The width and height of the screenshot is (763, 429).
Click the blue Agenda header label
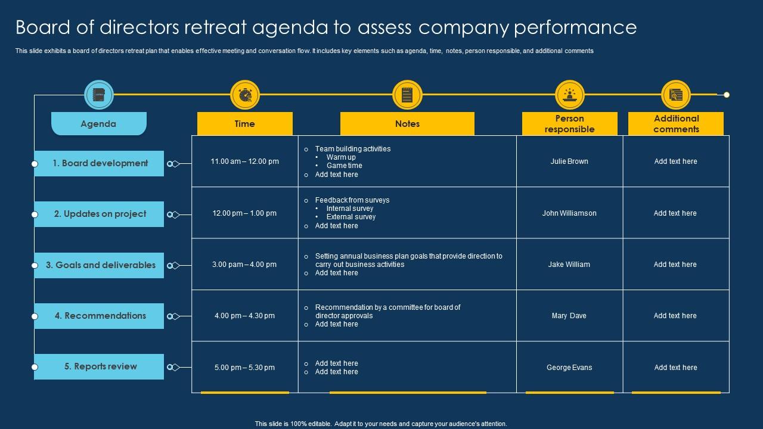98,124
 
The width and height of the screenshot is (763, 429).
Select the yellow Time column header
244,124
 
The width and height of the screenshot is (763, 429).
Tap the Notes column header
407,124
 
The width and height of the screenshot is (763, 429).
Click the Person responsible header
569,124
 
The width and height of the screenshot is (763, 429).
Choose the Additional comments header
676,124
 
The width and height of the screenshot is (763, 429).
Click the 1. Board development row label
100,163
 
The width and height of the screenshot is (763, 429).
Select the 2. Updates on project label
100,214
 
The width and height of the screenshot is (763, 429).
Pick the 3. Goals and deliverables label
100,265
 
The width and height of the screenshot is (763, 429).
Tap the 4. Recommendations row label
100,316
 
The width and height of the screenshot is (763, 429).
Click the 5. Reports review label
100,366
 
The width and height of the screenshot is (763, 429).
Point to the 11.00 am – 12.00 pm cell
244,161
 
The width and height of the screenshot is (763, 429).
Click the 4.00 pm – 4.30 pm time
244,316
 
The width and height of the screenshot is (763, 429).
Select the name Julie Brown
569,161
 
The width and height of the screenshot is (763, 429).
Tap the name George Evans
569,368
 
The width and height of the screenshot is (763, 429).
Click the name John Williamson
569,213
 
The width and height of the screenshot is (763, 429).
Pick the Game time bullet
344,166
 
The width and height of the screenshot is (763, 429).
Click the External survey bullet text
351,217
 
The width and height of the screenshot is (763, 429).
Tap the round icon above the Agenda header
99,95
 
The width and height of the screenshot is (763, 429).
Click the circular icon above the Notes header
407,95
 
